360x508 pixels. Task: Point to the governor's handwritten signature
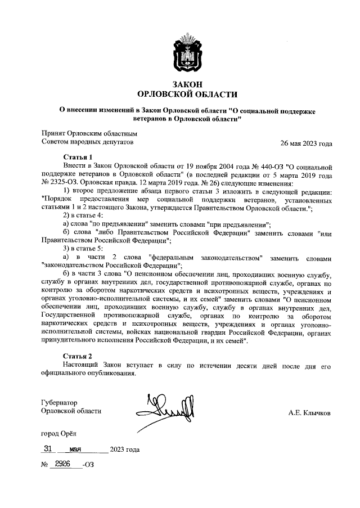click(166, 408)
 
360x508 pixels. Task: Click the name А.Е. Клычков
click(309, 412)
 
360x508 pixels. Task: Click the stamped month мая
click(75, 449)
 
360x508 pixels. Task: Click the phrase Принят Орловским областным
click(89, 134)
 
